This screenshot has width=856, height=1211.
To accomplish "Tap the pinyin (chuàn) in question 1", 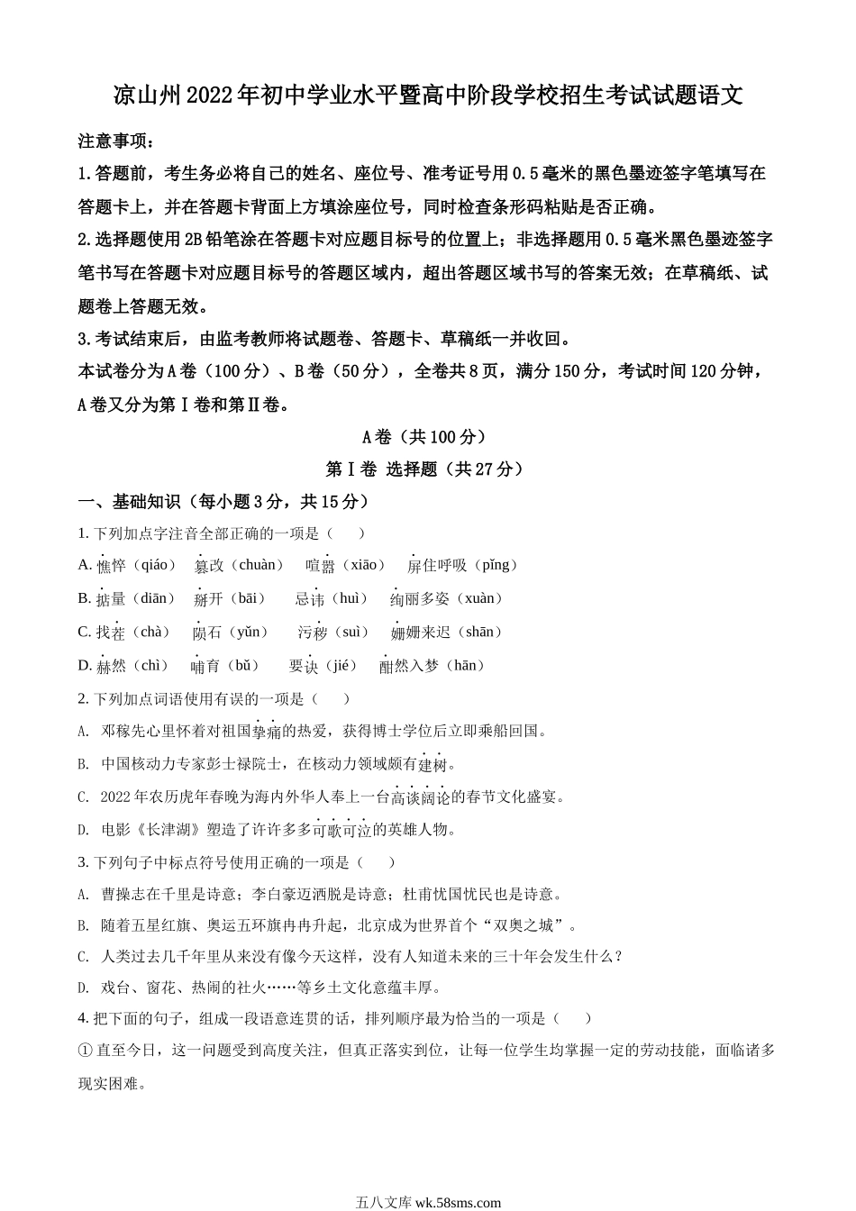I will (x=256, y=565).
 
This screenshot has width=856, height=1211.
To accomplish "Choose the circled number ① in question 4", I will (x=87, y=1050).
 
